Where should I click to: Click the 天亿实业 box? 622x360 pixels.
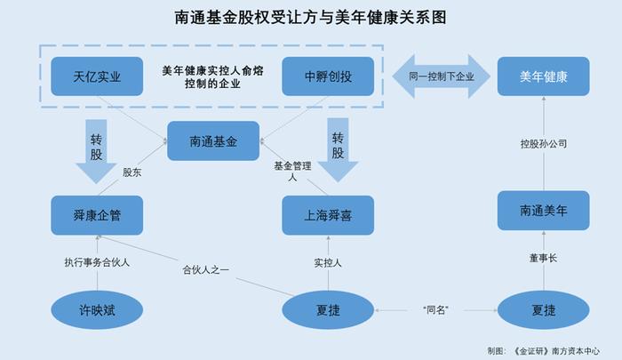[97, 76]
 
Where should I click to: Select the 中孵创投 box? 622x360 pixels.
[328, 76]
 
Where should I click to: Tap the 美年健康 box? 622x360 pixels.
[543, 76]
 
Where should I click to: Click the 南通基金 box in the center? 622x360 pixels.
[213, 141]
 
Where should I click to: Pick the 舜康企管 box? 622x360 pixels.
[97, 215]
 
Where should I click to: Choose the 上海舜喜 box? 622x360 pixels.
[328, 215]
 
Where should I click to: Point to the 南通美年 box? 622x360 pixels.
[543, 211]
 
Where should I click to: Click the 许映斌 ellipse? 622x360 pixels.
[97, 310]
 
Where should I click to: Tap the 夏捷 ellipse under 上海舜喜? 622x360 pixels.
[328, 310]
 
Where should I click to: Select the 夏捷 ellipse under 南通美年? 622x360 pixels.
[543, 310]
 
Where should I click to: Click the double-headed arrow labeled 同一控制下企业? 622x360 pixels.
[441, 76]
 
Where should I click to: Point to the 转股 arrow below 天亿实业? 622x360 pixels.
[96, 151]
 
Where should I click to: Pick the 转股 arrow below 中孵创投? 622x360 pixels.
[338, 149]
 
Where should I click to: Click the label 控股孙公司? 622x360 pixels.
[544, 144]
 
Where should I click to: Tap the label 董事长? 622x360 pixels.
[543, 259]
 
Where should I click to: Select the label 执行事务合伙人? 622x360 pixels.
[97, 262]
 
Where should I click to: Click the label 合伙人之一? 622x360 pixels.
[205, 270]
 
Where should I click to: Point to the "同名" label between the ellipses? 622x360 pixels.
[435, 310]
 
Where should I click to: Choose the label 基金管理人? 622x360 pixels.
[292, 171]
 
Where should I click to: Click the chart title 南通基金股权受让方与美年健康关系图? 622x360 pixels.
[311, 18]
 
